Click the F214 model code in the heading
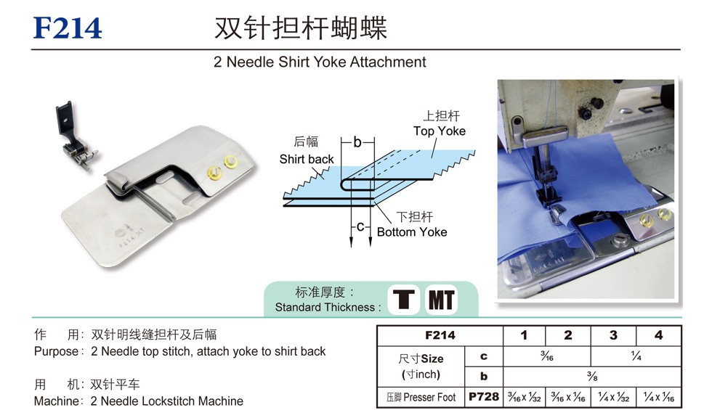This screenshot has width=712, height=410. pos(68,28)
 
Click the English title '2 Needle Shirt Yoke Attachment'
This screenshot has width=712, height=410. pos(320,62)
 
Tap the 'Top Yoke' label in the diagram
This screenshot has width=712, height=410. pos(439,131)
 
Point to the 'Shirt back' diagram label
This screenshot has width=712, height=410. pos(306,159)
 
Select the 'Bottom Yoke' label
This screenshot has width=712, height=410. pos(412,232)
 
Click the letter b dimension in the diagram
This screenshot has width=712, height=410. pos(357,142)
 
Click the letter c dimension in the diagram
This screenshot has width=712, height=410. pos(360,226)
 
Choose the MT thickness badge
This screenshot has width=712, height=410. pos(442,299)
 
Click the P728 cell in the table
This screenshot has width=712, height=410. pos(484,397)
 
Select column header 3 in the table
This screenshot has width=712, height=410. pos(613,335)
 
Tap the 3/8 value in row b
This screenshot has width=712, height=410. pos(591,376)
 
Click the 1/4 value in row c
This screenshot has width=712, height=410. pos(636,356)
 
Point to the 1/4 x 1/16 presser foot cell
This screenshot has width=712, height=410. pos(658,398)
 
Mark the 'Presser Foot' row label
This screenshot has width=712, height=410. pos(421,398)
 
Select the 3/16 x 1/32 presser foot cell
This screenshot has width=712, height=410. pos(524,398)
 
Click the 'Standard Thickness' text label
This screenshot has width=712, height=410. pos(328,308)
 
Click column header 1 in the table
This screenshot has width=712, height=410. pos(524,335)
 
